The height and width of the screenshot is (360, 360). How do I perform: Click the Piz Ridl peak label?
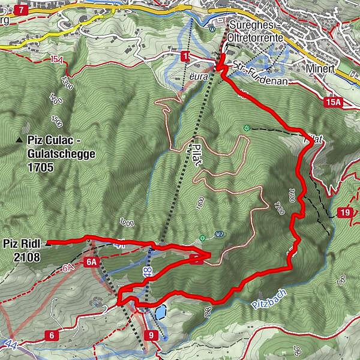point(21,244)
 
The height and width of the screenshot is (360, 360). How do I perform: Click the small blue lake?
point(160,312)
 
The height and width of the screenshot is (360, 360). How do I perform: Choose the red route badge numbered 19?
point(345,213)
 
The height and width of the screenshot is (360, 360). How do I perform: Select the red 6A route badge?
point(91,262)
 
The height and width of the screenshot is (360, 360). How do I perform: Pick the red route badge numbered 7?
point(21,10)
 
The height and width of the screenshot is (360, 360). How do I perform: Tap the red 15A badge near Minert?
point(334,103)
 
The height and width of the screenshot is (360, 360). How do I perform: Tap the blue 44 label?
point(10,344)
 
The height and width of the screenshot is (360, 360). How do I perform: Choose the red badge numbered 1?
point(186,56)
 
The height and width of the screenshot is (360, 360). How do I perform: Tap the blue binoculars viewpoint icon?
point(212,28)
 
